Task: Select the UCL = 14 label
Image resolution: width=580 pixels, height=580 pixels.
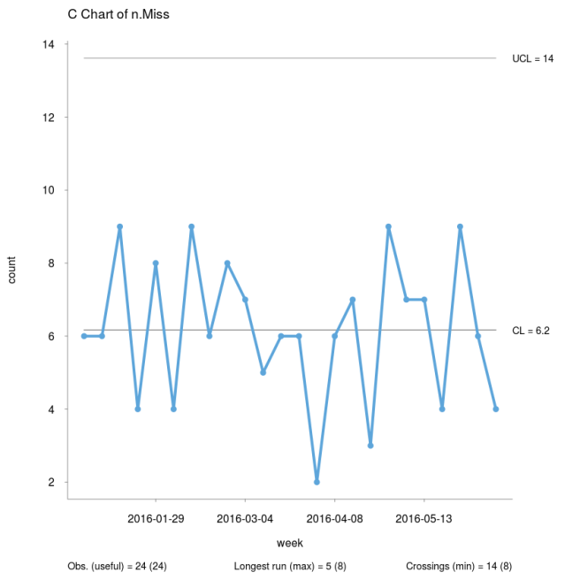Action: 532,59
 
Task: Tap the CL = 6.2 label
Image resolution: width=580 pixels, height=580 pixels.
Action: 533,331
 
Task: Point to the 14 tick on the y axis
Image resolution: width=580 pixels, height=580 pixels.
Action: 49,44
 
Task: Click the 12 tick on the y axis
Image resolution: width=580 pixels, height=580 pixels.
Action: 49,118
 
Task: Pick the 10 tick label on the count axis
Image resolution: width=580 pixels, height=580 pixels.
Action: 49,190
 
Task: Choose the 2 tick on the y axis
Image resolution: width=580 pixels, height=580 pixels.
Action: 52,483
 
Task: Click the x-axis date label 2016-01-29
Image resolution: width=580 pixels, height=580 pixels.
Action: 156,518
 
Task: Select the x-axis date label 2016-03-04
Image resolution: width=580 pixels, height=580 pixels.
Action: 245,518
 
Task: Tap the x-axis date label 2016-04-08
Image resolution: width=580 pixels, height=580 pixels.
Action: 335,518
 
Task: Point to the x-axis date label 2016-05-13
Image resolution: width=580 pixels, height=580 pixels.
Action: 424,518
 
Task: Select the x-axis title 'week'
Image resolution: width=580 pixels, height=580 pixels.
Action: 290,541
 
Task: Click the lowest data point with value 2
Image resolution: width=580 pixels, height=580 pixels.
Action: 317,482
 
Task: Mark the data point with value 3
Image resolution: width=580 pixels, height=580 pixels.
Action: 370,446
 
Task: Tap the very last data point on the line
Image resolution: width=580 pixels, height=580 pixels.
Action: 496,409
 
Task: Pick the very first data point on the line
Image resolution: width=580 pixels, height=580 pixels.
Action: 84,336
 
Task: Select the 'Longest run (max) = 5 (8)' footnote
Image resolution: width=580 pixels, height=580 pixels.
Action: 290,566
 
